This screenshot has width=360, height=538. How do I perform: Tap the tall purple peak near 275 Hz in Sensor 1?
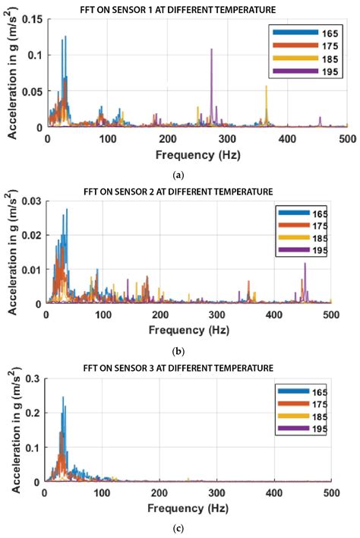click(212, 50)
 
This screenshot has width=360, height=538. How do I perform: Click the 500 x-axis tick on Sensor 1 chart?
click(347, 138)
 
